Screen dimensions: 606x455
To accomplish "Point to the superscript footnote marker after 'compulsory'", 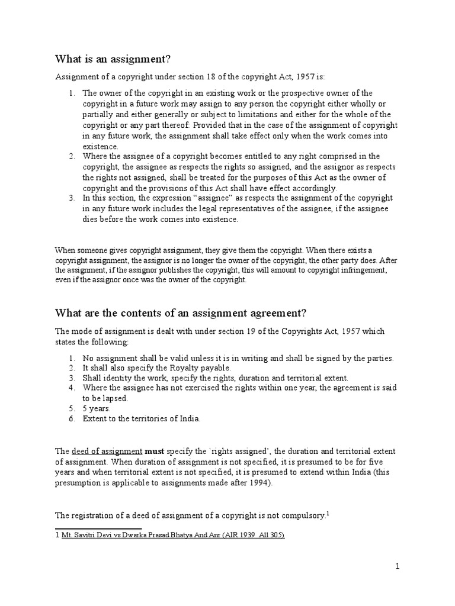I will tap(328, 514).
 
